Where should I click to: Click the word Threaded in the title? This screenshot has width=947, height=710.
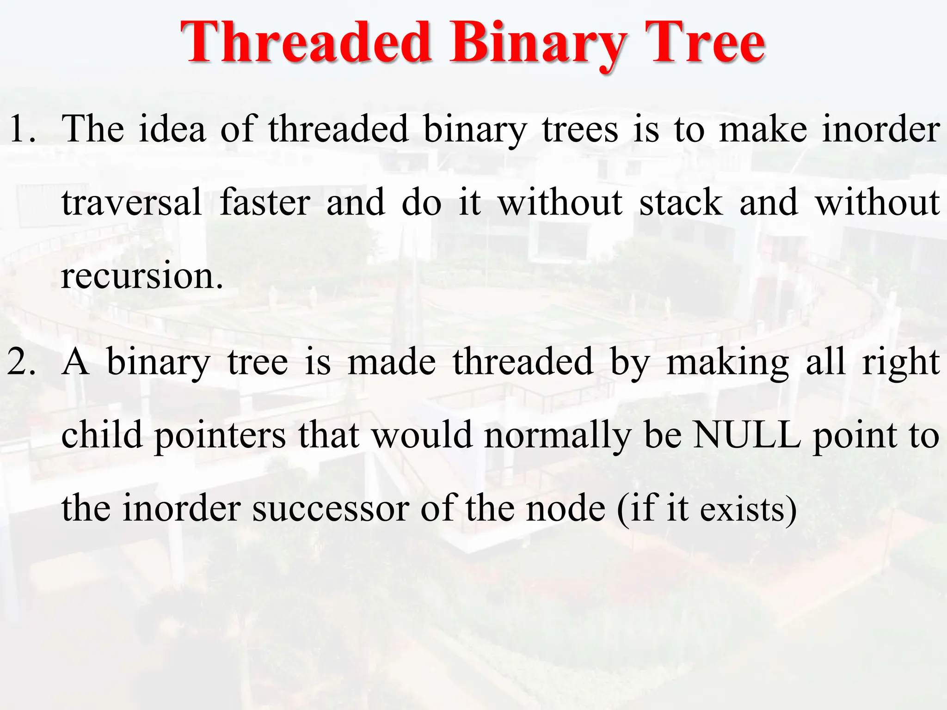coord(306,43)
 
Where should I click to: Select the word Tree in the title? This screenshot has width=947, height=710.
coord(704,43)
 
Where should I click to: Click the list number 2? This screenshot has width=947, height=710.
coord(21,362)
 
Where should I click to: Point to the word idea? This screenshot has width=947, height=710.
coord(172,129)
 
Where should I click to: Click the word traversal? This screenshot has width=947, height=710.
coord(132,202)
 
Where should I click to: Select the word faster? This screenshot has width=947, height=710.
coord(265,202)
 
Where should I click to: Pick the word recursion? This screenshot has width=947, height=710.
coord(141,276)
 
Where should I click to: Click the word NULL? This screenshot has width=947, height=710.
coord(747,435)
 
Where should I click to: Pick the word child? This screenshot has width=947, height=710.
coord(102,435)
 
